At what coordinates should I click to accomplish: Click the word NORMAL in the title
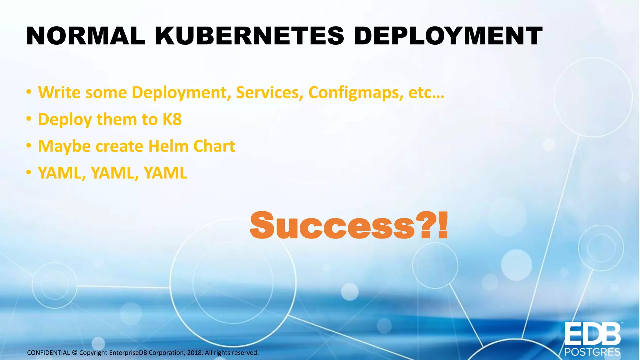(86, 36)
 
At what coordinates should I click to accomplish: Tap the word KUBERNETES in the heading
(249, 36)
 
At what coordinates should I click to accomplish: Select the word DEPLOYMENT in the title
(448, 36)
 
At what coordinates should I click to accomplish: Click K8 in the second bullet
(172, 119)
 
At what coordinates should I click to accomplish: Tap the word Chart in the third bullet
(214, 146)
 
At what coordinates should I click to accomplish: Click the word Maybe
(64, 147)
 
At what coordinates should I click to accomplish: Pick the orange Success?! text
(348, 225)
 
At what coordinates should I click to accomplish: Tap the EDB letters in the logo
(592, 334)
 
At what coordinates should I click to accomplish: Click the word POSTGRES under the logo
(592, 352)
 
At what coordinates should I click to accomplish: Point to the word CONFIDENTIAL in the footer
(48, 353)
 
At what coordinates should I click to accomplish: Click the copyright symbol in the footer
(74, 353)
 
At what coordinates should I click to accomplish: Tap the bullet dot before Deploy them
(29, 119)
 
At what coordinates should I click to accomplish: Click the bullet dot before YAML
(29, 173)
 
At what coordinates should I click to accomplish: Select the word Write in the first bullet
(59, 92)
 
